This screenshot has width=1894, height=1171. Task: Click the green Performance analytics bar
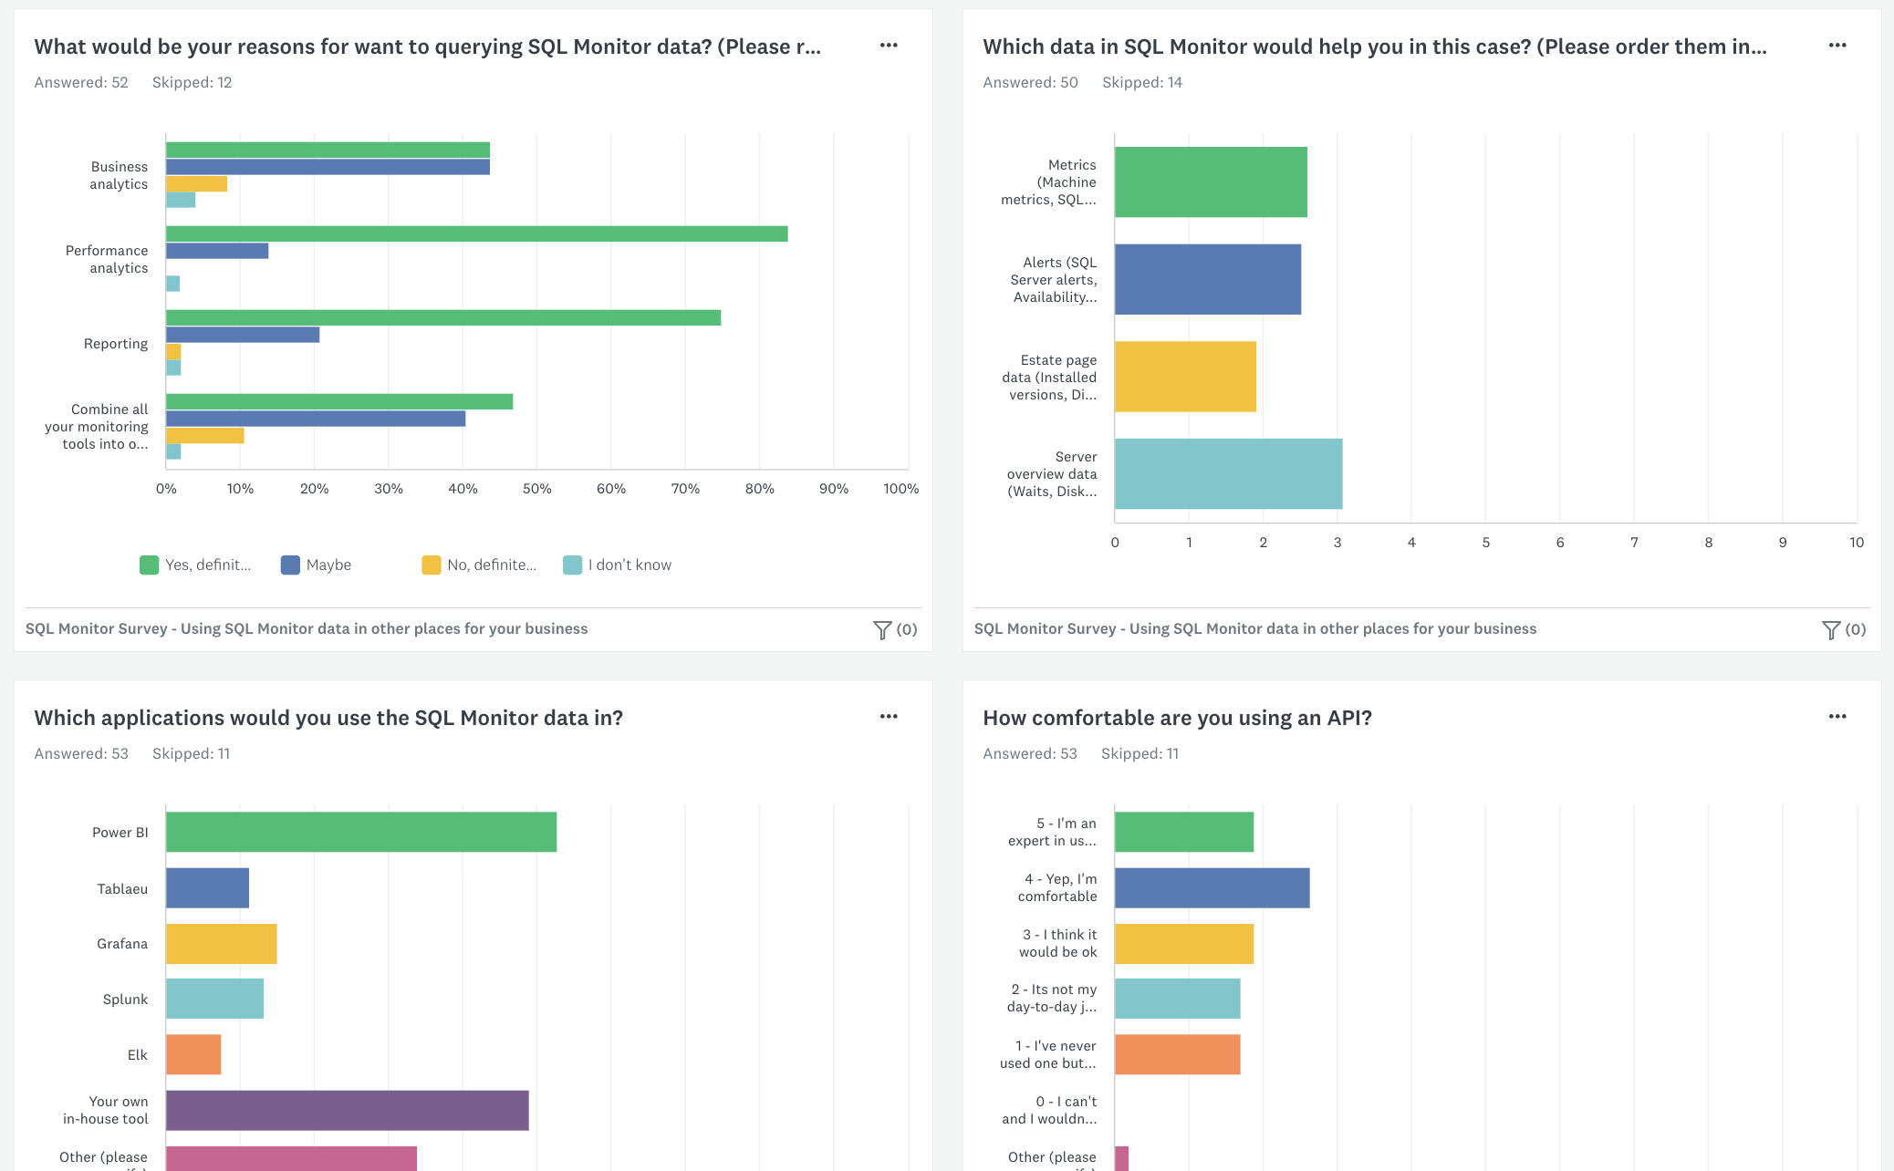(x=476, y=233)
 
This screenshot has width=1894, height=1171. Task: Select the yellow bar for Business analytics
(x=196, y=184)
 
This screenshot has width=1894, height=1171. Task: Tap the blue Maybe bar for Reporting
(x=243, y=335)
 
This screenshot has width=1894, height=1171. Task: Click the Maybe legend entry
(x=317, y=565)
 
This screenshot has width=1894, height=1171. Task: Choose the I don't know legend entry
(x=618, y=565)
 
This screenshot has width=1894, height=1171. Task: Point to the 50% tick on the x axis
(x=536, y=489)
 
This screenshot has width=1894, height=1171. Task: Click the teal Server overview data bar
(x=1228, y=473)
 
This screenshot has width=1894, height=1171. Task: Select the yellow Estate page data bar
(x=1185, y=377)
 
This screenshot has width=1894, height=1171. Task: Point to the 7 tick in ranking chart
(x=1634, y=543)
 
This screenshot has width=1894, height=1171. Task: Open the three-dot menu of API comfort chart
(x=1837, y=717)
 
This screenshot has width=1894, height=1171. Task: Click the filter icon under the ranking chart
(x=1830, y=629)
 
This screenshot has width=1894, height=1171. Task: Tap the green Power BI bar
(x=361, y=832)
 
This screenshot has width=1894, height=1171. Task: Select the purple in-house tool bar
(x=347, y=1110)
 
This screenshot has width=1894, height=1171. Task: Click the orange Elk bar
(x=193, y=1054)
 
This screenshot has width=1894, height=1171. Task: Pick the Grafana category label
(x=122, y=944)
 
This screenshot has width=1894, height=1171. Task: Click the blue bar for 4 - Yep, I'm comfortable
(x=1212, y=887)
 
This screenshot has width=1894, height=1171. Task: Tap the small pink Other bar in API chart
(x=1121, y=1158)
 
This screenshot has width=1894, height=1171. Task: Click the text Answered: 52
(x=81, y=83)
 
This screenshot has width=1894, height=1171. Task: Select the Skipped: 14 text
(x=1141, y=83)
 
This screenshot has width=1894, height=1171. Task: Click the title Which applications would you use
(x=328, y=718)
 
